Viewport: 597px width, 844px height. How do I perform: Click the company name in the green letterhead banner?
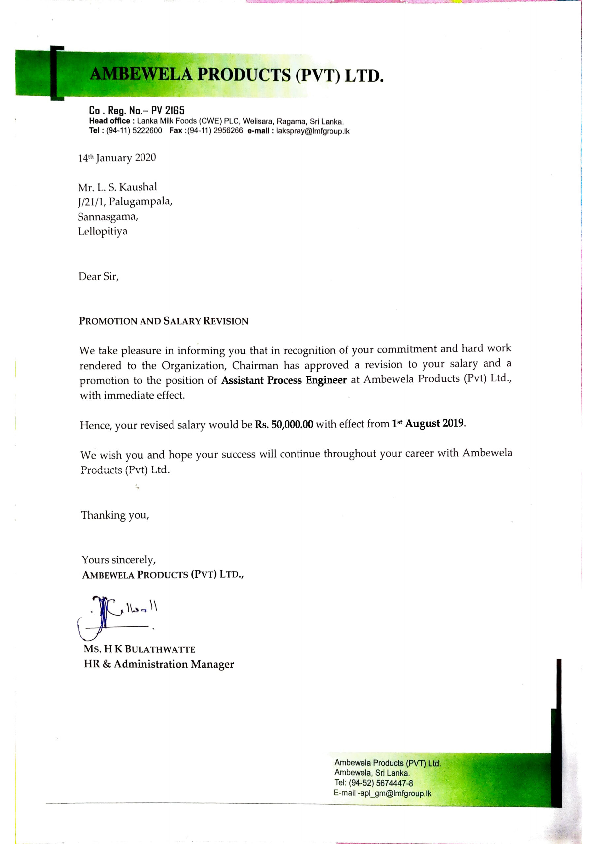(236, 75)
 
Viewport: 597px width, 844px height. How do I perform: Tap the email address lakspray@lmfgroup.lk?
(313, 131)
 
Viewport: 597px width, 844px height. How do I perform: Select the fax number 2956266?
(228, 131)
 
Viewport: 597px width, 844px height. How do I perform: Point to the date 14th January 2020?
(117, 158)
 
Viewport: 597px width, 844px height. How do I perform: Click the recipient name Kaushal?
(138, 187)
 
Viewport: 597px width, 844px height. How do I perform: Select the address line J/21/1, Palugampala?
(125, 202)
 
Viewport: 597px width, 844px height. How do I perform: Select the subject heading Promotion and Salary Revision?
(164, 321)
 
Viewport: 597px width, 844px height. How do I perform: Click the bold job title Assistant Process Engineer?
(284, 380)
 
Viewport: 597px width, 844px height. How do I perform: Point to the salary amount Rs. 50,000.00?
(284, 425)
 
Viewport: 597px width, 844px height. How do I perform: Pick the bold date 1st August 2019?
(427, 423)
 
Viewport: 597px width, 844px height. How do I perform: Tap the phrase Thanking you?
(115, 515)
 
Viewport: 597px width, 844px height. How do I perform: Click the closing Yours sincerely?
(119, 560)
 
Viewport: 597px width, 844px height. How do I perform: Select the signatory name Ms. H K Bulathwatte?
(140, 649)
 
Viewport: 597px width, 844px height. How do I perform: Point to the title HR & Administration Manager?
(159, 664)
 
